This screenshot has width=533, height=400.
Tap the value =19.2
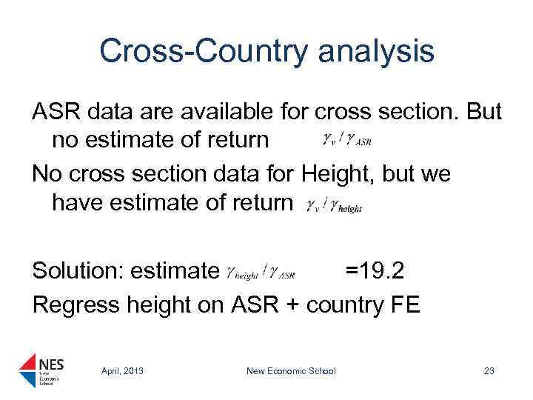click(x=374, y=271)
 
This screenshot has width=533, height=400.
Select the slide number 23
click(x=489, y=371)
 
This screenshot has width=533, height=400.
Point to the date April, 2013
click(x=123, y=371)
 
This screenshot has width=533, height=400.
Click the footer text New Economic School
click(x=292, y=371)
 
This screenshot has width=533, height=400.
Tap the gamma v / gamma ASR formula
click(x=346, y=140)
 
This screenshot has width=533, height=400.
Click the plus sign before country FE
click(x=294, y=304)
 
